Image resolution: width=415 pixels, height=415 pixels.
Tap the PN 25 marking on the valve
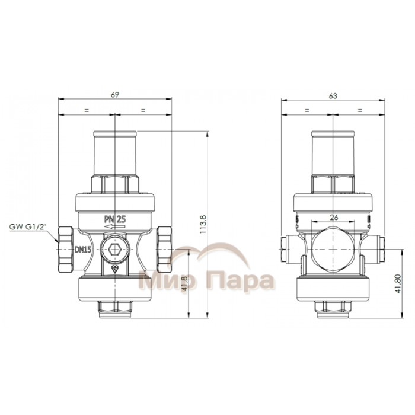[114, 219]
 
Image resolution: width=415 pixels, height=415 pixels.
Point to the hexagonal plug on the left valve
[114, 250]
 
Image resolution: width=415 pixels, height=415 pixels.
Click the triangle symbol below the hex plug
[114, 269]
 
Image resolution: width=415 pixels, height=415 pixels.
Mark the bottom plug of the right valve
[333, 306]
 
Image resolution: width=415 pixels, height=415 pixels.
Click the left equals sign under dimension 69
[87, 110]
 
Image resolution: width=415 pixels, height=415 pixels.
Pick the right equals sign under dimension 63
[359, 110]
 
